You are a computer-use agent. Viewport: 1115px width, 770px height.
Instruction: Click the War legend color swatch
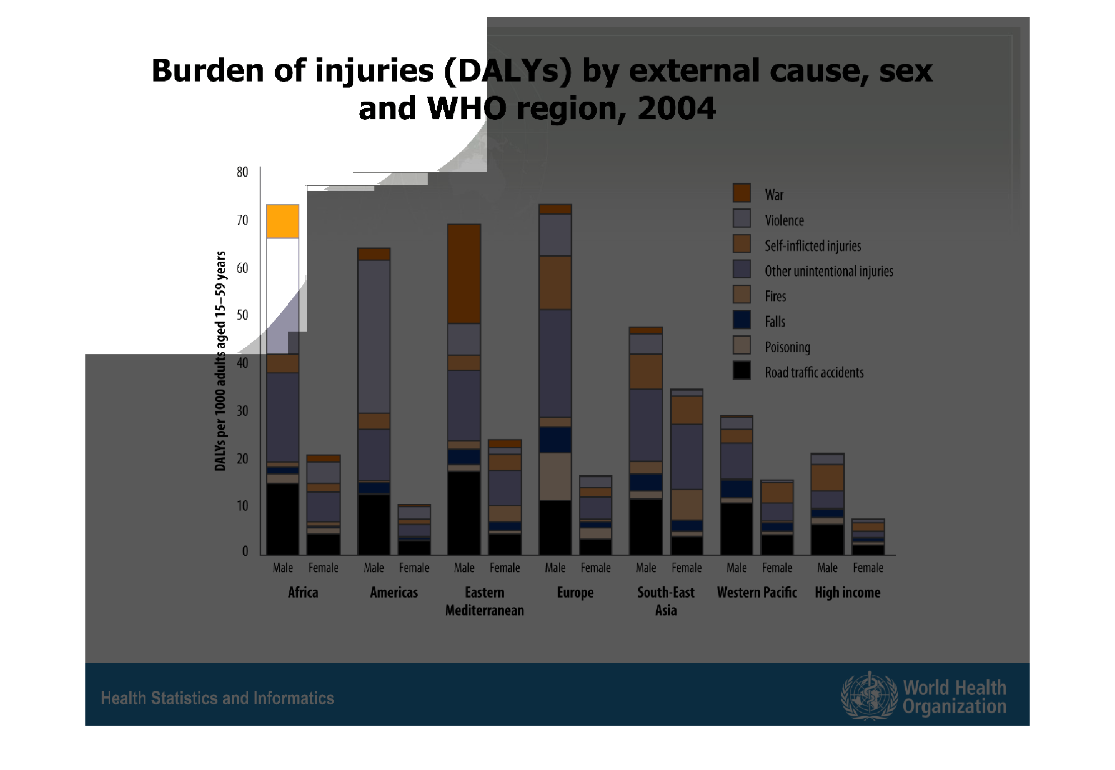click(741, 193)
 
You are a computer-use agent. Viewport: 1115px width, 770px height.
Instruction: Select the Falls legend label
click(775, 322)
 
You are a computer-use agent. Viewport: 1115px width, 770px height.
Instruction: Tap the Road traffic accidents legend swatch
click(741, 370)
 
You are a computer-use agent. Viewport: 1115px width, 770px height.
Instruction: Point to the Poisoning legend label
click(787, 347)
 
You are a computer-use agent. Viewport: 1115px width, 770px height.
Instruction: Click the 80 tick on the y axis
click(243, 172)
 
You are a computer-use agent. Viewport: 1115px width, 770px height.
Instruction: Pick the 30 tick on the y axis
click(243, 411)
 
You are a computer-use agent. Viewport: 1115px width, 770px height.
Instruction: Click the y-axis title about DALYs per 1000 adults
click(220, 361)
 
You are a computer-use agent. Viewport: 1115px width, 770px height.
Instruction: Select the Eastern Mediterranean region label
click(485, 601)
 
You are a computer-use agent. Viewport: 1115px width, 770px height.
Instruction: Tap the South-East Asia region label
click(666, 601)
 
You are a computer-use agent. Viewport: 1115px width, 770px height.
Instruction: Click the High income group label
click(847, 593)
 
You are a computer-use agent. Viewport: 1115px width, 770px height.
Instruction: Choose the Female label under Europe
click(596, 568)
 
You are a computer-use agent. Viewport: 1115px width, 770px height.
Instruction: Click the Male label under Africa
click(283, 568)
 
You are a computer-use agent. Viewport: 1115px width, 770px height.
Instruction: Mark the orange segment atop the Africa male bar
click(283, 221)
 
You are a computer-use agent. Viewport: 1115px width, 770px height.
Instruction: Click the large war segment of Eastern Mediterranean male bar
click(464, 274)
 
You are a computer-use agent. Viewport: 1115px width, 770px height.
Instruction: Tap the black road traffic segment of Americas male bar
click(374, 524)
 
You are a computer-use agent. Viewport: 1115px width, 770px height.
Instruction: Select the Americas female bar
click(414, 529)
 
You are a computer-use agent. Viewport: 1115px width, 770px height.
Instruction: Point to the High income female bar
click(868, 537)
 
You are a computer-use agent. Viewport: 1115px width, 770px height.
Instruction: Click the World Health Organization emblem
click(869, 696)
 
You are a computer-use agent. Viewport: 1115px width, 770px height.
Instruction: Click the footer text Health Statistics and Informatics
click(217, 698)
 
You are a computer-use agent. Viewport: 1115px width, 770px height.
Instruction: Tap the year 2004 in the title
click(676, 108)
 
